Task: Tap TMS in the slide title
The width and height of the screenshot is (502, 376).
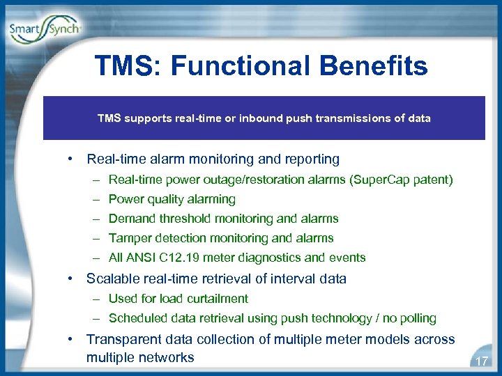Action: coord(127,67)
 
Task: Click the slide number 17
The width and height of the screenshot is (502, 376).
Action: coord(480,361)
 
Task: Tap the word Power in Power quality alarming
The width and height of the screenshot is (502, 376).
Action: coord(125,199)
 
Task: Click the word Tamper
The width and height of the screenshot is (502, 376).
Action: coord(128,238)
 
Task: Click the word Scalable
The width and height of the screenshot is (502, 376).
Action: coord(112,279)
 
